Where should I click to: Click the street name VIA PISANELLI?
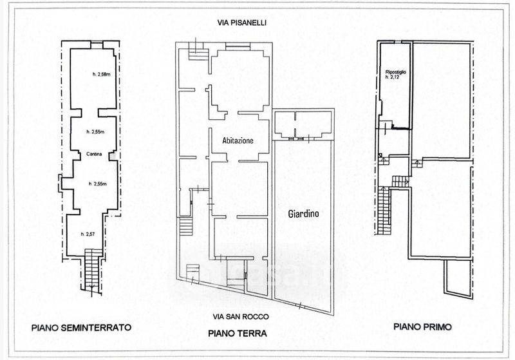[x=242, y=23]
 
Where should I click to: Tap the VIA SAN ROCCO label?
[x=241, y=317]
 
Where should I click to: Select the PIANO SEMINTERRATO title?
[x=82, y=328]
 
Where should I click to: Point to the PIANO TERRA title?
[x=238, y=334]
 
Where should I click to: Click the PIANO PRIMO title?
[x=422, y=327]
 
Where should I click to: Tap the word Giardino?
[x=303, y=214]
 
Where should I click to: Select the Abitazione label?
[x=238, y=140]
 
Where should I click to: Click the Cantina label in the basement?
[x=94, y=154]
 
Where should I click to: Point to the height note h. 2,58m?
[x=101, y=74]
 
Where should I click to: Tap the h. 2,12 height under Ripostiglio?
[x=393, y=77]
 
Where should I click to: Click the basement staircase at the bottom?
[x=92, y=270]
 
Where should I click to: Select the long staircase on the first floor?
[x=384, y=211]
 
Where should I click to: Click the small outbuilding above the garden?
[x=303, y=124]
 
